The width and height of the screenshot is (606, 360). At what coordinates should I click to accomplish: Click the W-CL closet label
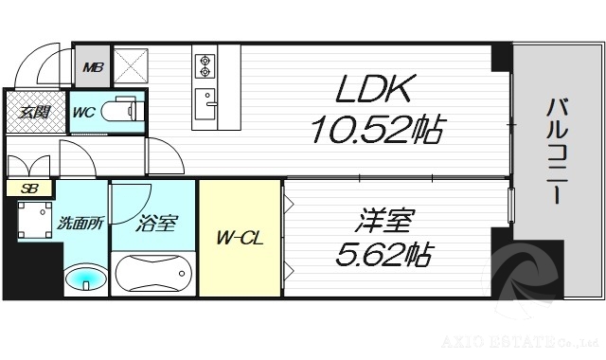pos(240,238)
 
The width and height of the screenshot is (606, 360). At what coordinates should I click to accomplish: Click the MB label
pos(92,66)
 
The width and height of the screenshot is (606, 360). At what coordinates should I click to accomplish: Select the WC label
pos(84,112)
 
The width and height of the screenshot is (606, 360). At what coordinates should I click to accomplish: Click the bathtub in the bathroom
pos(153,277)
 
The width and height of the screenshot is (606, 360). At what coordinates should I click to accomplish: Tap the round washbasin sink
pos(84,279)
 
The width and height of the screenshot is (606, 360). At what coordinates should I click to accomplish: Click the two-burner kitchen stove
pos(205,65)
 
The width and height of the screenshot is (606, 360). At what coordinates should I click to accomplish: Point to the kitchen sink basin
pos(205,98)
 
